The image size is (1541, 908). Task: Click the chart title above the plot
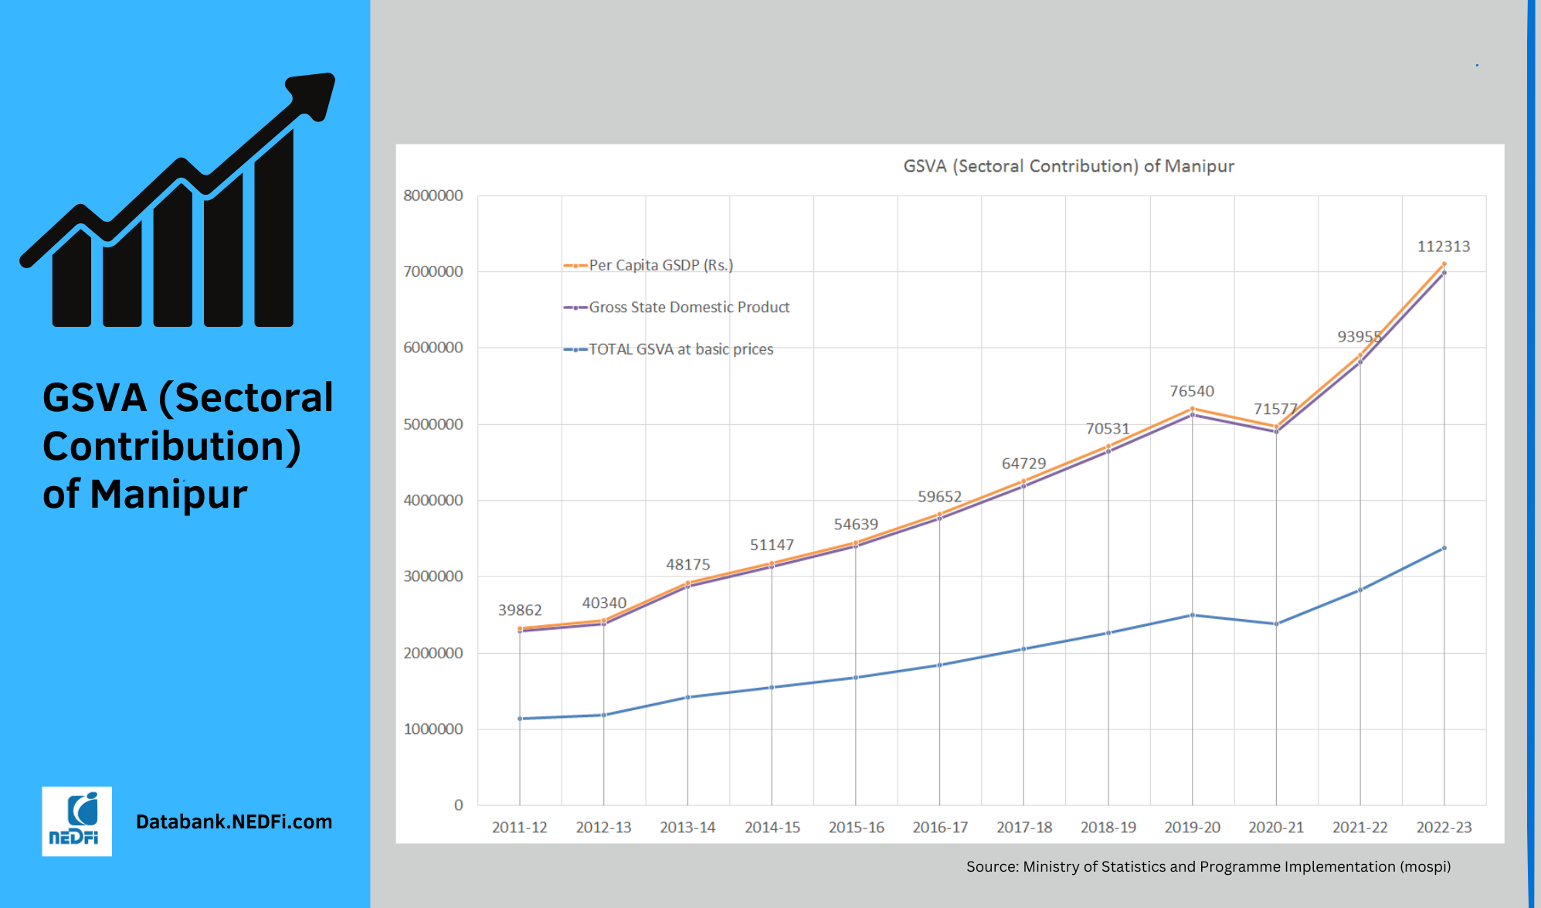pyautogui.click(x=1068, y=166)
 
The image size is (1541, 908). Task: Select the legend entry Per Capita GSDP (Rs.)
pyautogui.click(x=660, y=265)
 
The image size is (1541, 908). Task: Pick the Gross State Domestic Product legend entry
pyautogui.click(x=689, y=308)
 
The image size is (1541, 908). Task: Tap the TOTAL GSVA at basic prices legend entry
pyautogui.click(x=681, y=349)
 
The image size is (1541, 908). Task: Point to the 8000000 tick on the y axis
pyautogui.click(x=433, y=196)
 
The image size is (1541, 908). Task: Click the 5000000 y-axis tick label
pyautogui.click(x=433, y=424)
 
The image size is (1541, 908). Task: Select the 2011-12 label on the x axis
pyautogui.click(x=519, y=828)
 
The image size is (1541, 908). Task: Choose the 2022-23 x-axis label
pyautogui.click(x=1444, y=828)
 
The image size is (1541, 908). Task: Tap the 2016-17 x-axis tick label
pyautogui.click(x=940, y=828)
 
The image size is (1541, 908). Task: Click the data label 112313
pyautogui.click(x=1443, y=247)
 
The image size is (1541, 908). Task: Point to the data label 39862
pyautogui.click(x=520, y=610)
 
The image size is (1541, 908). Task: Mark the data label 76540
pyautogui.click(x=1192, y=392)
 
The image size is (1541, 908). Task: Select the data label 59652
pyautogui.click(x=939, y=497)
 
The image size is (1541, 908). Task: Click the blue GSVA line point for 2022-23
pyautogui.click(x=1444, y=548)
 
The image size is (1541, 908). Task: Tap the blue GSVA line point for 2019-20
pyautogui.click(x=1192, y=615)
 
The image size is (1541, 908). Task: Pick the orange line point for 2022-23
pyautogui.click(x=1444, y=264)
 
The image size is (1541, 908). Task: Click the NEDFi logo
pyautogui.click(x=76, y=821)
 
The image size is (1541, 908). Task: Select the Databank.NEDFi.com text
pyautogui.click(x=234, y=821)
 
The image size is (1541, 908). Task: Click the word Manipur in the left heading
pyautogui.click(x=168, y=495)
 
